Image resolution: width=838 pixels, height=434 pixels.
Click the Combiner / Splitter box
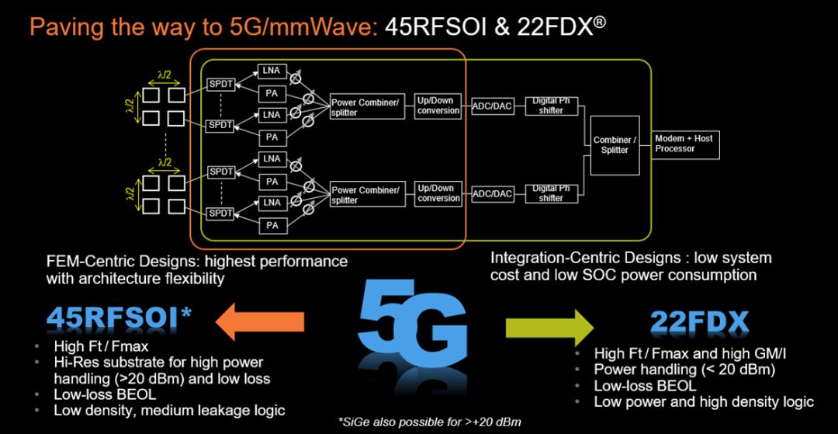pyautogui.click(x=614, y=145)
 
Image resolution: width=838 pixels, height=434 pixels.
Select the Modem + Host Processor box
pyautogui.click(x=683, y=143)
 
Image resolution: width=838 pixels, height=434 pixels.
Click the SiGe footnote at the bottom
pyautogui.click(x=430, y=422)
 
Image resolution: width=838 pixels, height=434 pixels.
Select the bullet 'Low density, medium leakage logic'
pyautogui.click(x=168, y=410)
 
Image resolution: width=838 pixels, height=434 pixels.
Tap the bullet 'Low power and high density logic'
pyautogui.click(x=703, y=401)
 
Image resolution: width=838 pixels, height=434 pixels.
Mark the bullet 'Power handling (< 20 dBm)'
pyautogui.click(x=684, y=370)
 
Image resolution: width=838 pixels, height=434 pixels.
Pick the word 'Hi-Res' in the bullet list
pyautogui.click(x=76, y=362)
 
